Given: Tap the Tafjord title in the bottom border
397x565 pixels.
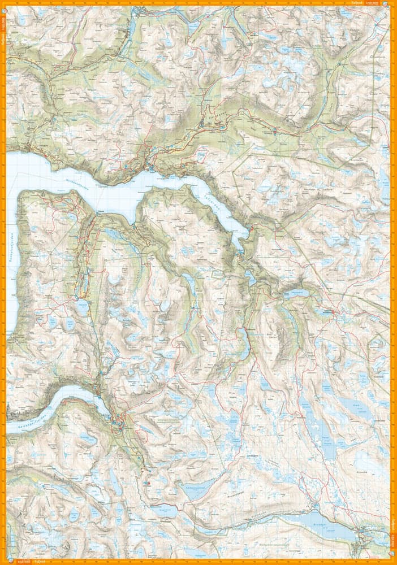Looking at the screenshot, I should click(x=40, y=562).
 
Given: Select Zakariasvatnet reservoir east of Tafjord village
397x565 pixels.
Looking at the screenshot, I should click(x=296, y=293).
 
